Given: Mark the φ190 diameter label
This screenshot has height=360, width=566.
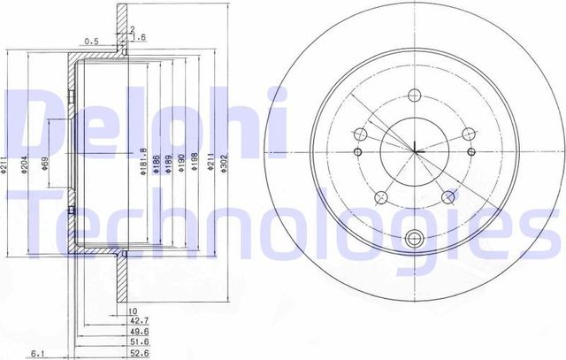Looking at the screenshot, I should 180,163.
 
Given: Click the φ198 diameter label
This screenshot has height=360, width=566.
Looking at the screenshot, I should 194,163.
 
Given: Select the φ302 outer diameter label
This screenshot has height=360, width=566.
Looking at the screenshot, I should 225,163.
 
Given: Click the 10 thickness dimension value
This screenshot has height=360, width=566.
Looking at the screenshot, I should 133,311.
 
